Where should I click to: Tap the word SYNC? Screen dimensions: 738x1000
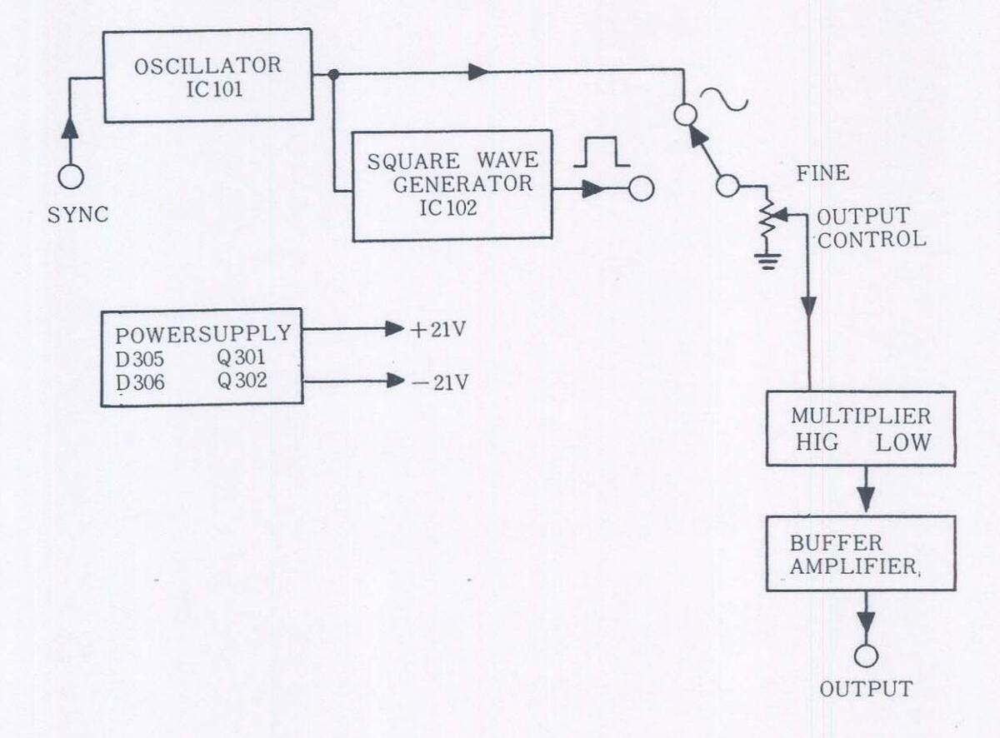[77, 214]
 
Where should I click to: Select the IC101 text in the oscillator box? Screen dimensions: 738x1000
[215, 88]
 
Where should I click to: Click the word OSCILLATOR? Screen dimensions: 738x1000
[207, 65]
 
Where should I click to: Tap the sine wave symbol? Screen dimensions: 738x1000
[722, 100]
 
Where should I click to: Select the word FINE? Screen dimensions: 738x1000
[822, 173]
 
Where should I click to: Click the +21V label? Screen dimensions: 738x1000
[437, 329]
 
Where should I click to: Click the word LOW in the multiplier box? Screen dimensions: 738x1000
[902, 442]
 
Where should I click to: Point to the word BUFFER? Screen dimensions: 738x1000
[824, 543]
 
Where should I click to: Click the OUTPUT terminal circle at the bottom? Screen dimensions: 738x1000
[867, 656]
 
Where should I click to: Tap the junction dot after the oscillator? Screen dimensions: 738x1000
[333, 74]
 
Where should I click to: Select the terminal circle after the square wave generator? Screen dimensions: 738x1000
[640, 189]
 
